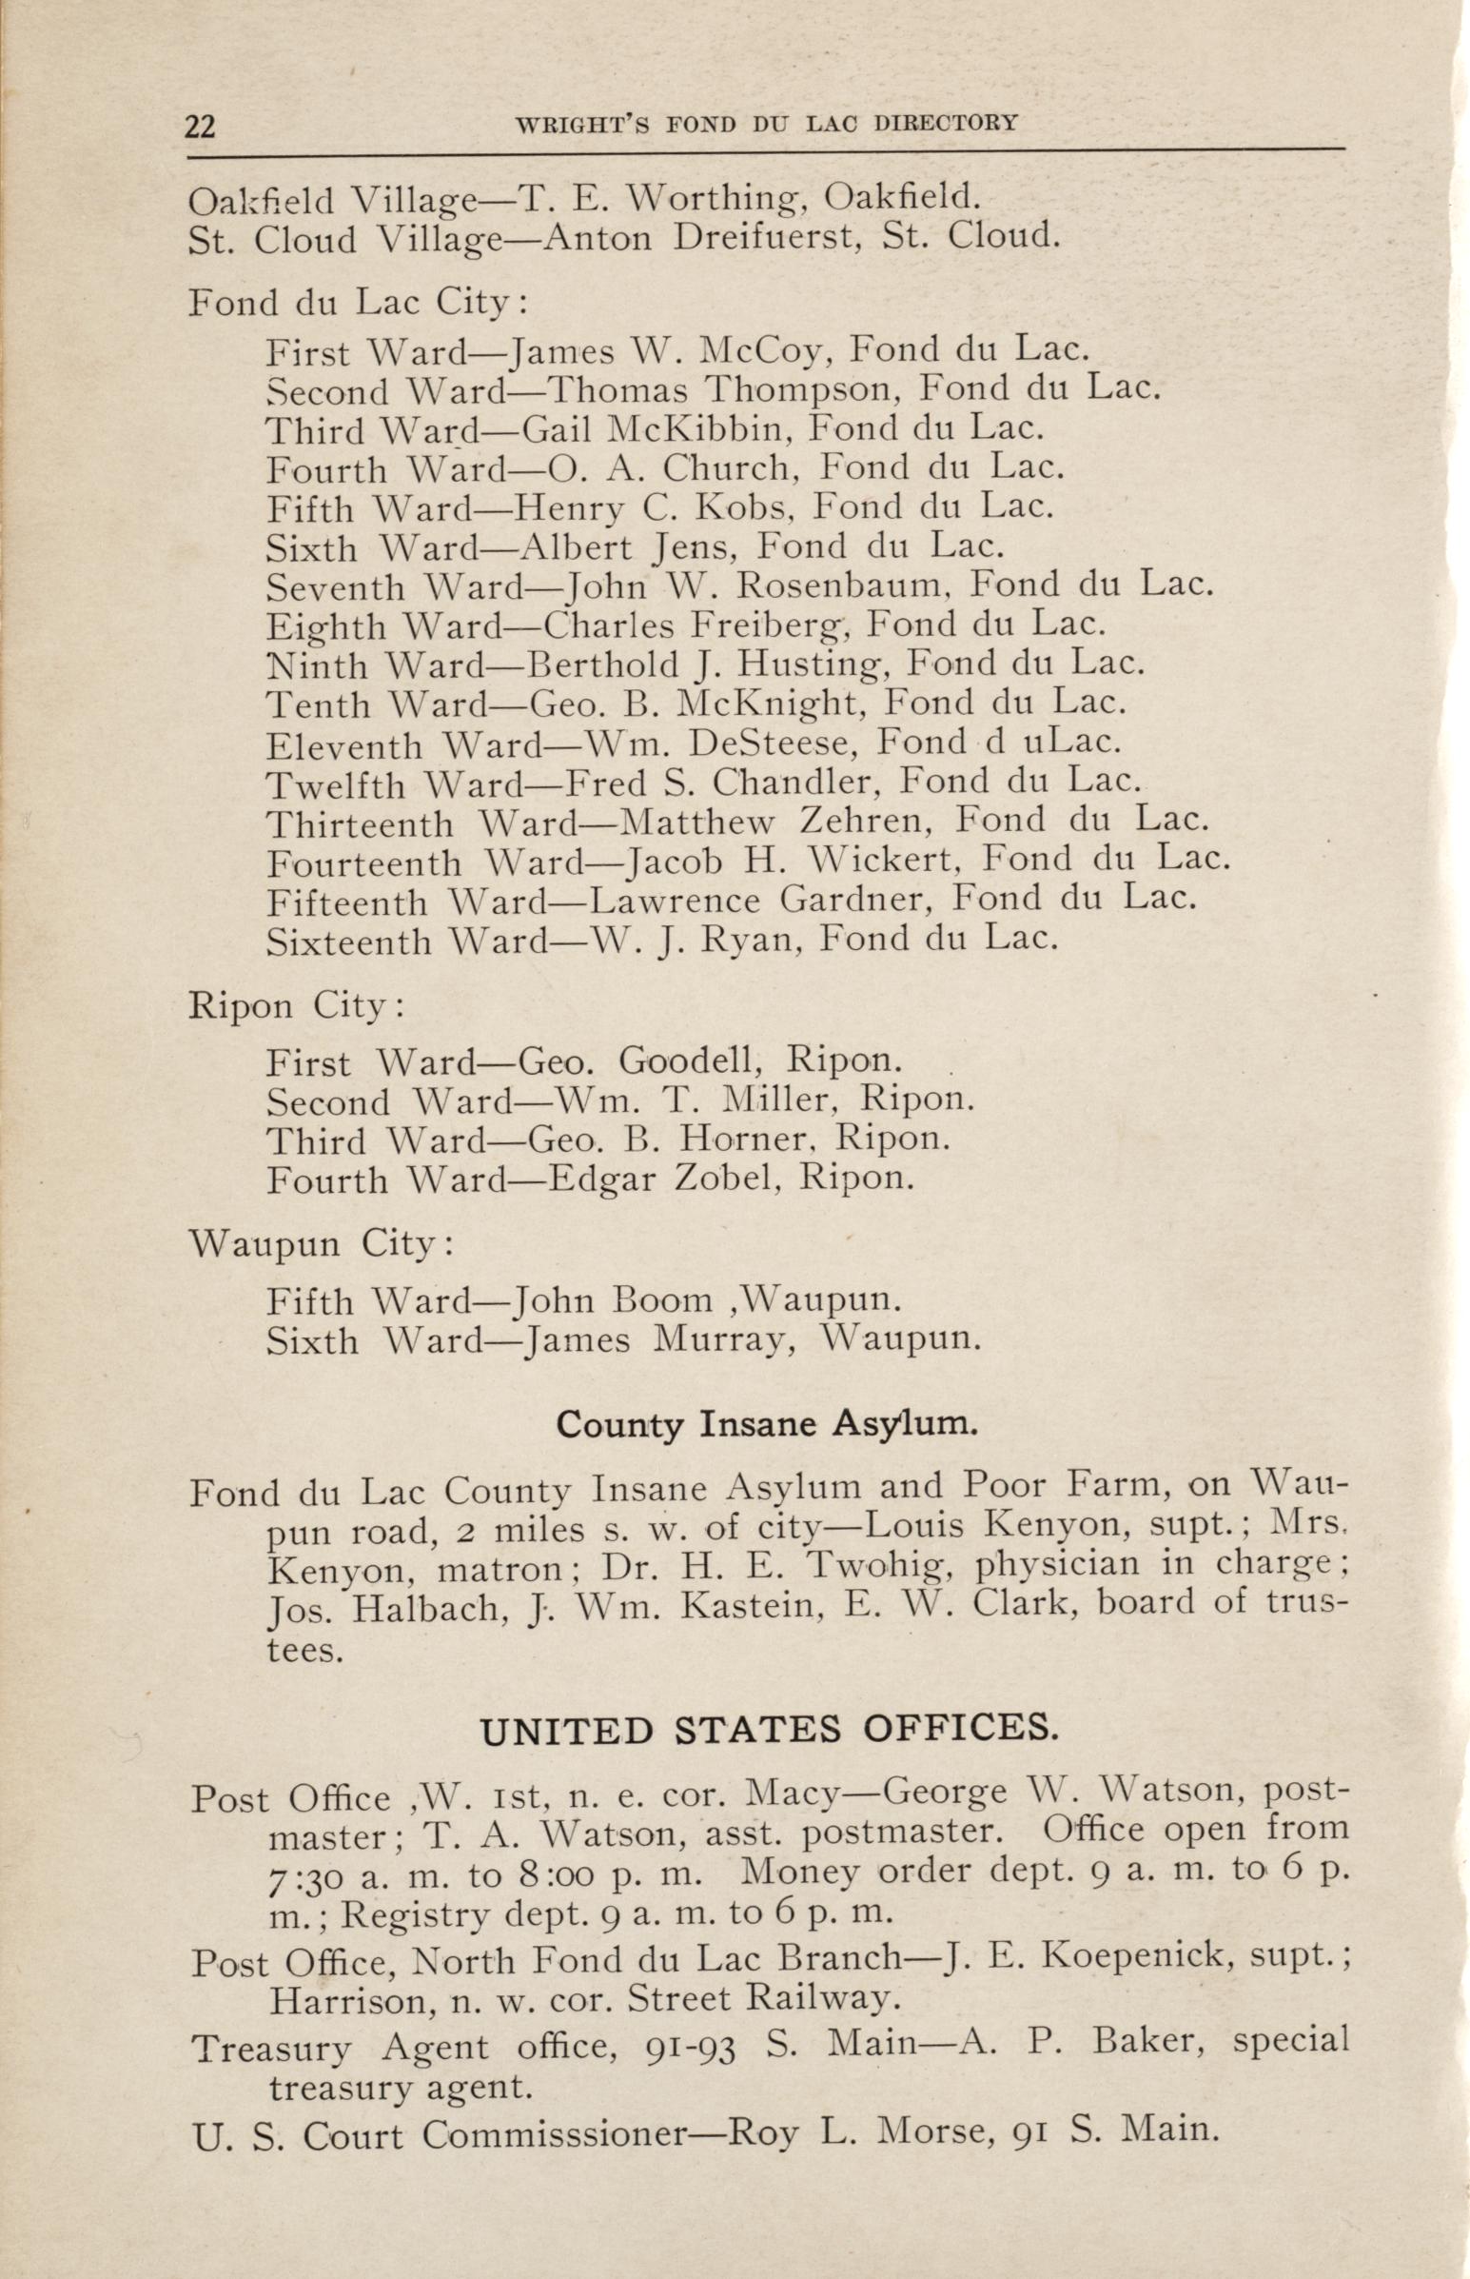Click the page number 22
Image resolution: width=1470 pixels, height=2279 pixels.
(x=201, y=126)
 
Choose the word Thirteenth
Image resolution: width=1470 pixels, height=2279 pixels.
(x=360, y=822)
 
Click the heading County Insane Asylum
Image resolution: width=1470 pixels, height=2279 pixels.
(x=767, y=1424)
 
